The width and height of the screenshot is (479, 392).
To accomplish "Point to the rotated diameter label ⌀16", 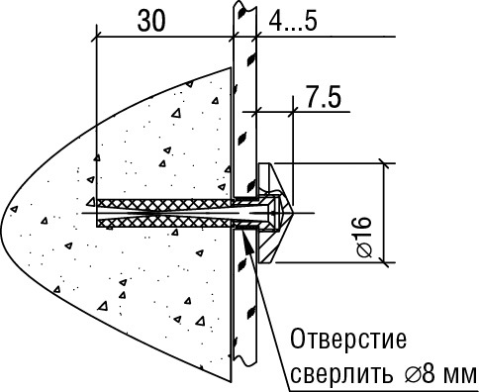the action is click(x=362, y=236).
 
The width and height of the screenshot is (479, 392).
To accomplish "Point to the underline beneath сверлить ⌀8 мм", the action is click(x=386, y=389).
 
